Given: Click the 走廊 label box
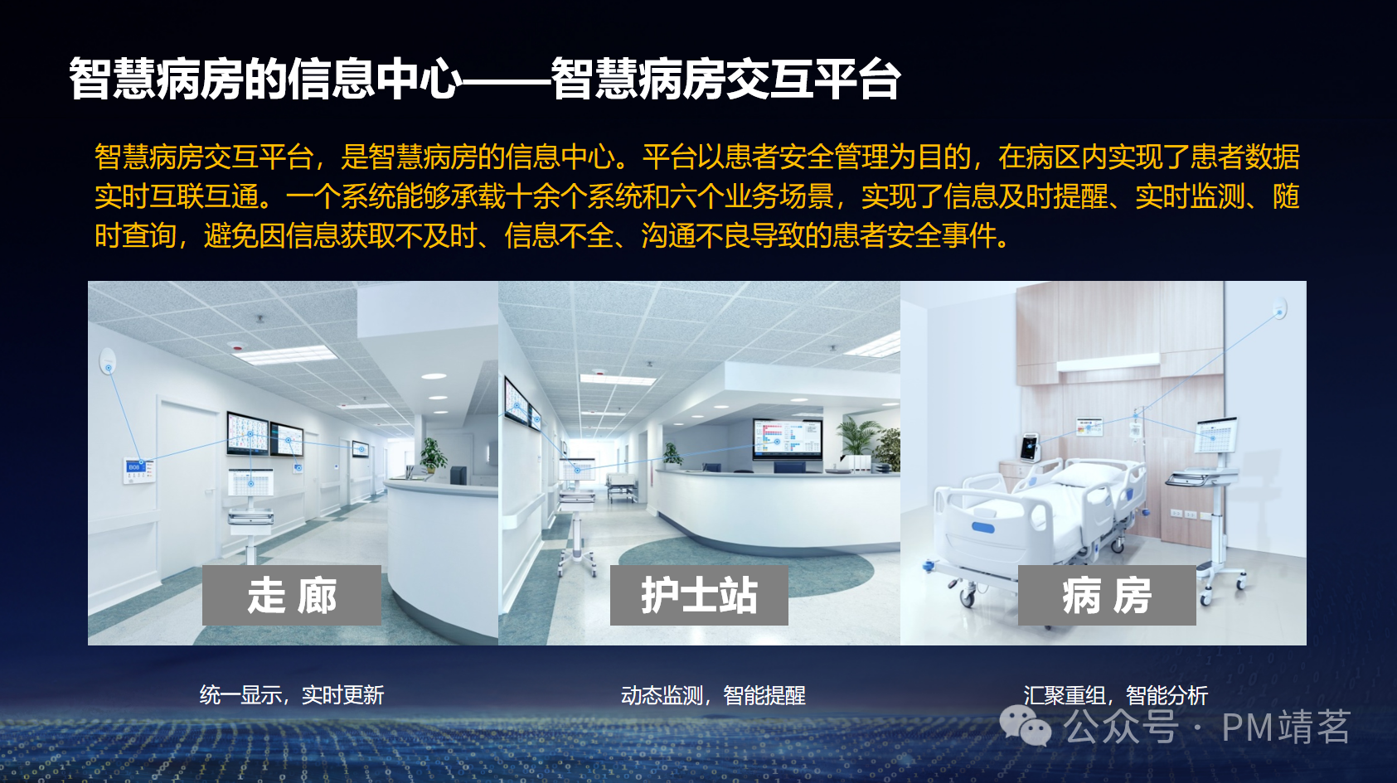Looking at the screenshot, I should tap(292, 595).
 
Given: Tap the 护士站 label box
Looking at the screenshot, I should tap(699, 595).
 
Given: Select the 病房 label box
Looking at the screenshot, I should tap(1107, 595).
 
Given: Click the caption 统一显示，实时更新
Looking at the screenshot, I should tap(292, 694).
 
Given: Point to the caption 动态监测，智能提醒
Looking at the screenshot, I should tap(713, 694).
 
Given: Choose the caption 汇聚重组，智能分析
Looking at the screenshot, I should tap(1115, 694).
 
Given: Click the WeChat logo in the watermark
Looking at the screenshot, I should tap(1025, 726).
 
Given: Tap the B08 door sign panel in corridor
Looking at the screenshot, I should tap(136, 469).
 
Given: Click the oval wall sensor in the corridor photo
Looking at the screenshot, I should tap(108, 361).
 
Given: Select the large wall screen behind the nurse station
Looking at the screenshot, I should tap(786, 437).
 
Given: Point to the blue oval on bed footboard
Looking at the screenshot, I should tap(982, 528).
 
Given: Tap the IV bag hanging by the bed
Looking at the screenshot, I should tap(1135, 429).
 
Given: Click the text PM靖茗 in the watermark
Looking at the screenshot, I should tap(1286, 727).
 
